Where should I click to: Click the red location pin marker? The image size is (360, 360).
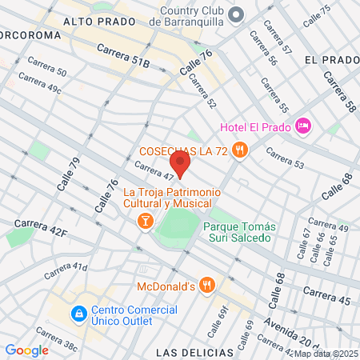click(x=180, y=166)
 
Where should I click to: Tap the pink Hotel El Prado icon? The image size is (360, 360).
click(x=302, y=125)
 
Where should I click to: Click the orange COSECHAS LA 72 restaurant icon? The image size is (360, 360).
click(x=240, y=150)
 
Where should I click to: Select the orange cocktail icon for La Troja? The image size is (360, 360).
click(x=145, y=220)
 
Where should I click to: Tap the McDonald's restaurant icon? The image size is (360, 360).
click(x=207, y=285)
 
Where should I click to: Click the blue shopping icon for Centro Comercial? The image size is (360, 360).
click(x=78, y=313)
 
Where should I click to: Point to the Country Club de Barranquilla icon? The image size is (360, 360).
click(x=236, y=15)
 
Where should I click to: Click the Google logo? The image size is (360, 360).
click(x=27, y=350)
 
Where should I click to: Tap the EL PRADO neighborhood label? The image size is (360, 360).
click(x=333, y=60)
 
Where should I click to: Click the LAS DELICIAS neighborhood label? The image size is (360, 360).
click(x=194, y=352)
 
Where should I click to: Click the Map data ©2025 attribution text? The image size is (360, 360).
click(x=326, y=354)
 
